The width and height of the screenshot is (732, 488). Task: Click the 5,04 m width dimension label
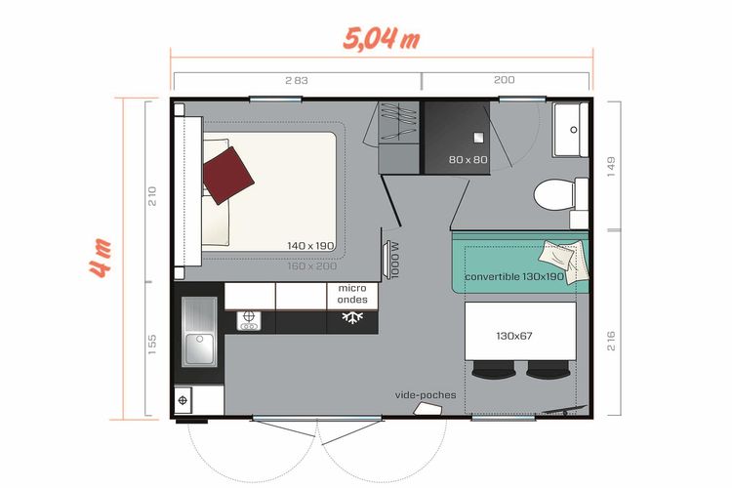[382, 39]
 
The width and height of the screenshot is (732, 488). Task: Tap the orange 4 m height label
[101, 259]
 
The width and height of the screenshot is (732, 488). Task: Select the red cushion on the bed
[228, 176]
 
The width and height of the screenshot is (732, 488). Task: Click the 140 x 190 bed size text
[310, 246]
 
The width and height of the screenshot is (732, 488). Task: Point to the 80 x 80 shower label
[468, 160]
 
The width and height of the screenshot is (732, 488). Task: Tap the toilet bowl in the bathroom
[554, 195]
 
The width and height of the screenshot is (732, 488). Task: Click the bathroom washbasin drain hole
[574, 130]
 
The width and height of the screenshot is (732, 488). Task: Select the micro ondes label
[352, 294]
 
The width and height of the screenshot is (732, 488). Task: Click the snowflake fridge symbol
[352, 317]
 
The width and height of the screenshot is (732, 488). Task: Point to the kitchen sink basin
[199, 348]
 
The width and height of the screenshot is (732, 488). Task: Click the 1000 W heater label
[395, 261]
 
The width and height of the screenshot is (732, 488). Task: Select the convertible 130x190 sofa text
[514, 276]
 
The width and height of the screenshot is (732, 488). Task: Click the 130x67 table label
[514, 336]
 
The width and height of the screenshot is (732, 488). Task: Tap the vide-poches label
[426, 395]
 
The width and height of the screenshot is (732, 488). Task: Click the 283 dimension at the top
[297, 80]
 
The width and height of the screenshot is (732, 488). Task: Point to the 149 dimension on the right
[612, 167]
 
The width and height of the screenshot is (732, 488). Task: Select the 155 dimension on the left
[151, 345]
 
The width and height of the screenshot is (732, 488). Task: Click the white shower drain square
[478, 138]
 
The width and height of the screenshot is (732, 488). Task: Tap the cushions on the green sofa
[562, 260]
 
